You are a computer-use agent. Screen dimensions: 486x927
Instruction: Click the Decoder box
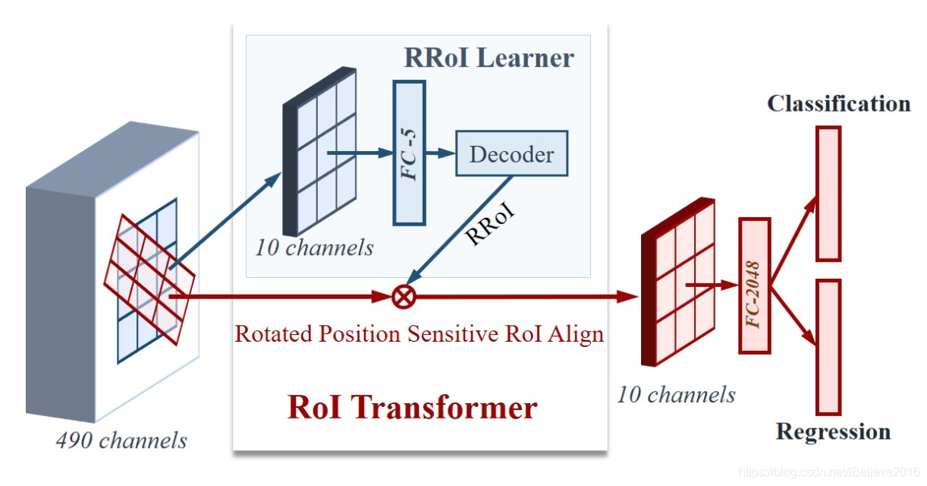coord(511,154)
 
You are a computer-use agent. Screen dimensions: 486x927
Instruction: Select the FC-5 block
coord(409,153)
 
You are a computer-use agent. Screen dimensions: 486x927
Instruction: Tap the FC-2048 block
coord(754,286)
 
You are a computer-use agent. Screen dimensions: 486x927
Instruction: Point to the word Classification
coord(838,104)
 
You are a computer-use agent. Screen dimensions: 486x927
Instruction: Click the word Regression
coord(832,432)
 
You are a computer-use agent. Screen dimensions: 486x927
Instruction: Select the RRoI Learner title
coord(489,58)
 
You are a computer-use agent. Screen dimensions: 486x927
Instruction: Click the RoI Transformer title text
coord(412,408)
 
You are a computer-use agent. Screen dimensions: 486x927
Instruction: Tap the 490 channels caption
coord(121,440)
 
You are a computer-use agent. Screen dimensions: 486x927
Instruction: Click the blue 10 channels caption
coord(314,248)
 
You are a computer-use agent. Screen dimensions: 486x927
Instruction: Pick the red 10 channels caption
coord(675,394)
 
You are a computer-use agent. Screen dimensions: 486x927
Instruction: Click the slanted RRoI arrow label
coord(489,222)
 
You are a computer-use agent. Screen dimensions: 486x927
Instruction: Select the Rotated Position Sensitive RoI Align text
coord(420,334)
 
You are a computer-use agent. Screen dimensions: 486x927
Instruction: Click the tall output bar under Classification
coord(828,194)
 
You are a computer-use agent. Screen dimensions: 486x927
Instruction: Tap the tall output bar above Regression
coord(828,346)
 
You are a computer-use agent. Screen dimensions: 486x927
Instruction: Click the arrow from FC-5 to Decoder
coord(440,153)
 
